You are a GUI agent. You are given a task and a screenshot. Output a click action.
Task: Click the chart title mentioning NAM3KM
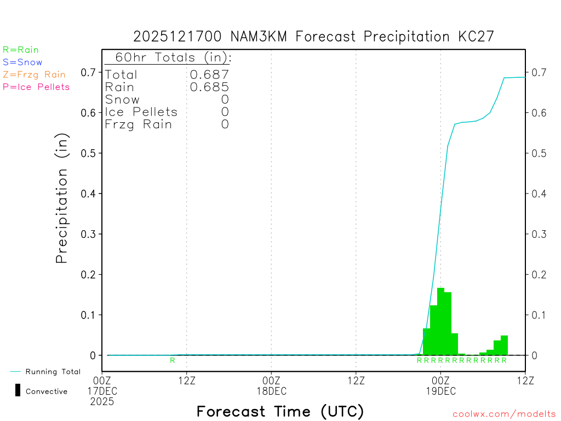313,37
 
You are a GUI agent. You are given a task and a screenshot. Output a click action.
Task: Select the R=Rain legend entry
21,50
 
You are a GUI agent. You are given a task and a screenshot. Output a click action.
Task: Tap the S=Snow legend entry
22,62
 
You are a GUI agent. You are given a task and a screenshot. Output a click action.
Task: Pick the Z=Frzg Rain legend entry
34,75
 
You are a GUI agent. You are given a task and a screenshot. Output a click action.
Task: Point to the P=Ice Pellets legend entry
36,87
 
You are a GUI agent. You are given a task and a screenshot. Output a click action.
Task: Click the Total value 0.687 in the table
209,75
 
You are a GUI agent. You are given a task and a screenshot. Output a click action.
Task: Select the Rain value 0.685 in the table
209,87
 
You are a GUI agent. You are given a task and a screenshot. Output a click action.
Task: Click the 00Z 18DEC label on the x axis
271,385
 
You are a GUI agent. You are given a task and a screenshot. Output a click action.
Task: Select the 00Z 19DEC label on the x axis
440,385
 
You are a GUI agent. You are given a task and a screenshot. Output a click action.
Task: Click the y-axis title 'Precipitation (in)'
62,198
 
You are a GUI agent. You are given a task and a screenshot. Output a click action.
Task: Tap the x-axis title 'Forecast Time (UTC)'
280,411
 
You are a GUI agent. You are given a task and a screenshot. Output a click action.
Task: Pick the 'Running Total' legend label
53,372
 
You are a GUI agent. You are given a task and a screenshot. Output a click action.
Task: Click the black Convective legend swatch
18,390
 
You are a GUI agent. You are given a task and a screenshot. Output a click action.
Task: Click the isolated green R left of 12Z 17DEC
172,360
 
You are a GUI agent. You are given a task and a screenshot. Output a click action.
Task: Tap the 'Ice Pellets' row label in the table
141,112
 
